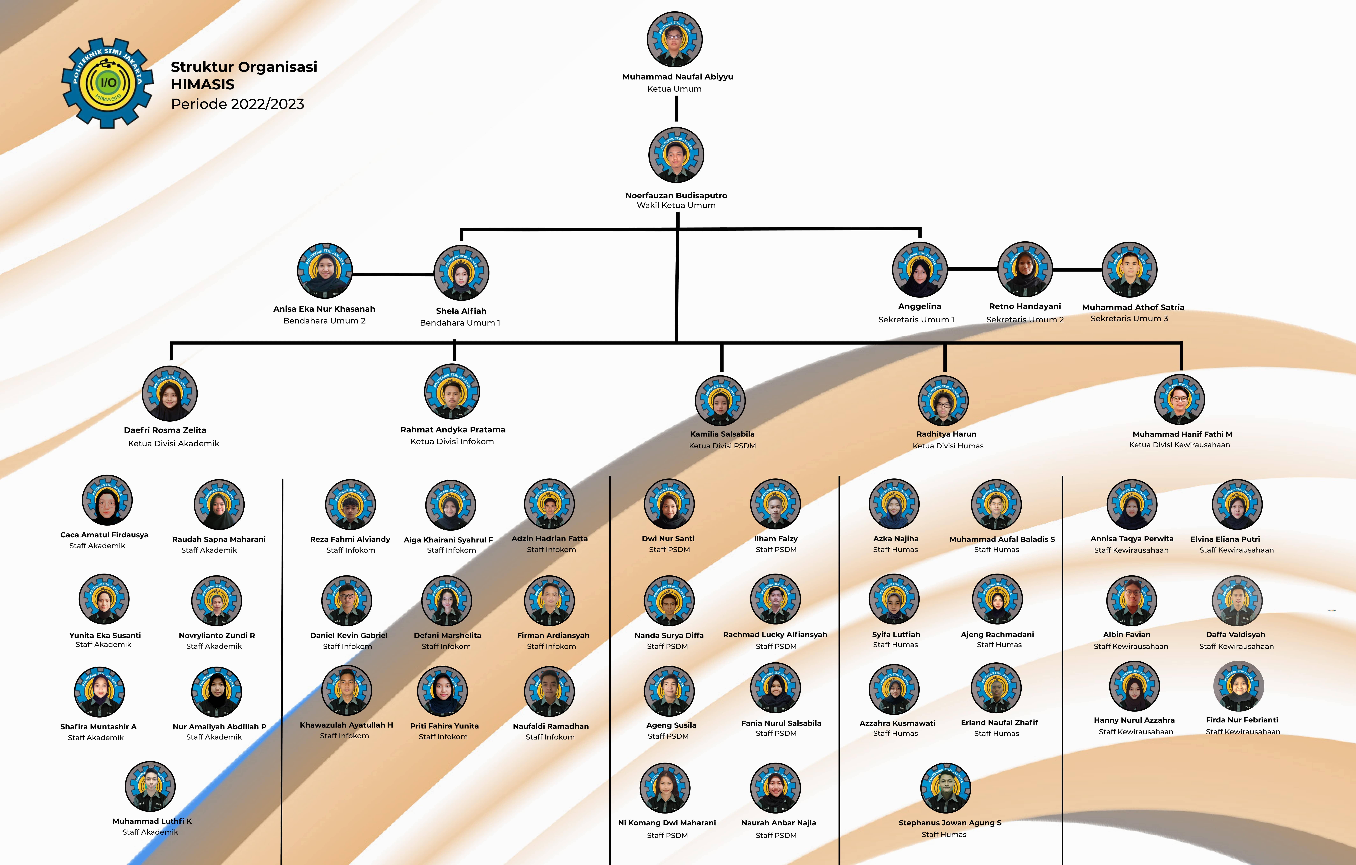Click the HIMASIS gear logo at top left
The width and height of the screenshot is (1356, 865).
tap(107, 83)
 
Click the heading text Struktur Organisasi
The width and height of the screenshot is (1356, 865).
tap(244, 67)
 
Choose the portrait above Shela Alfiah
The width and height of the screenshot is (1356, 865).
tap(461, 273)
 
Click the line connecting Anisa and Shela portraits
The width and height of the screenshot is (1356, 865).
tap(393, 274)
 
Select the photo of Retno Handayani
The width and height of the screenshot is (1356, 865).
tap(1025, 269)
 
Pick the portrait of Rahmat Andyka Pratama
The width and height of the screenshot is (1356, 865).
tap(452, 392)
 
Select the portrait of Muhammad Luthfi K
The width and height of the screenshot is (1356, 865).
tap(150, 787)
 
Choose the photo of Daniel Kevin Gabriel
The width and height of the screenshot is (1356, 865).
tap(347, 600)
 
